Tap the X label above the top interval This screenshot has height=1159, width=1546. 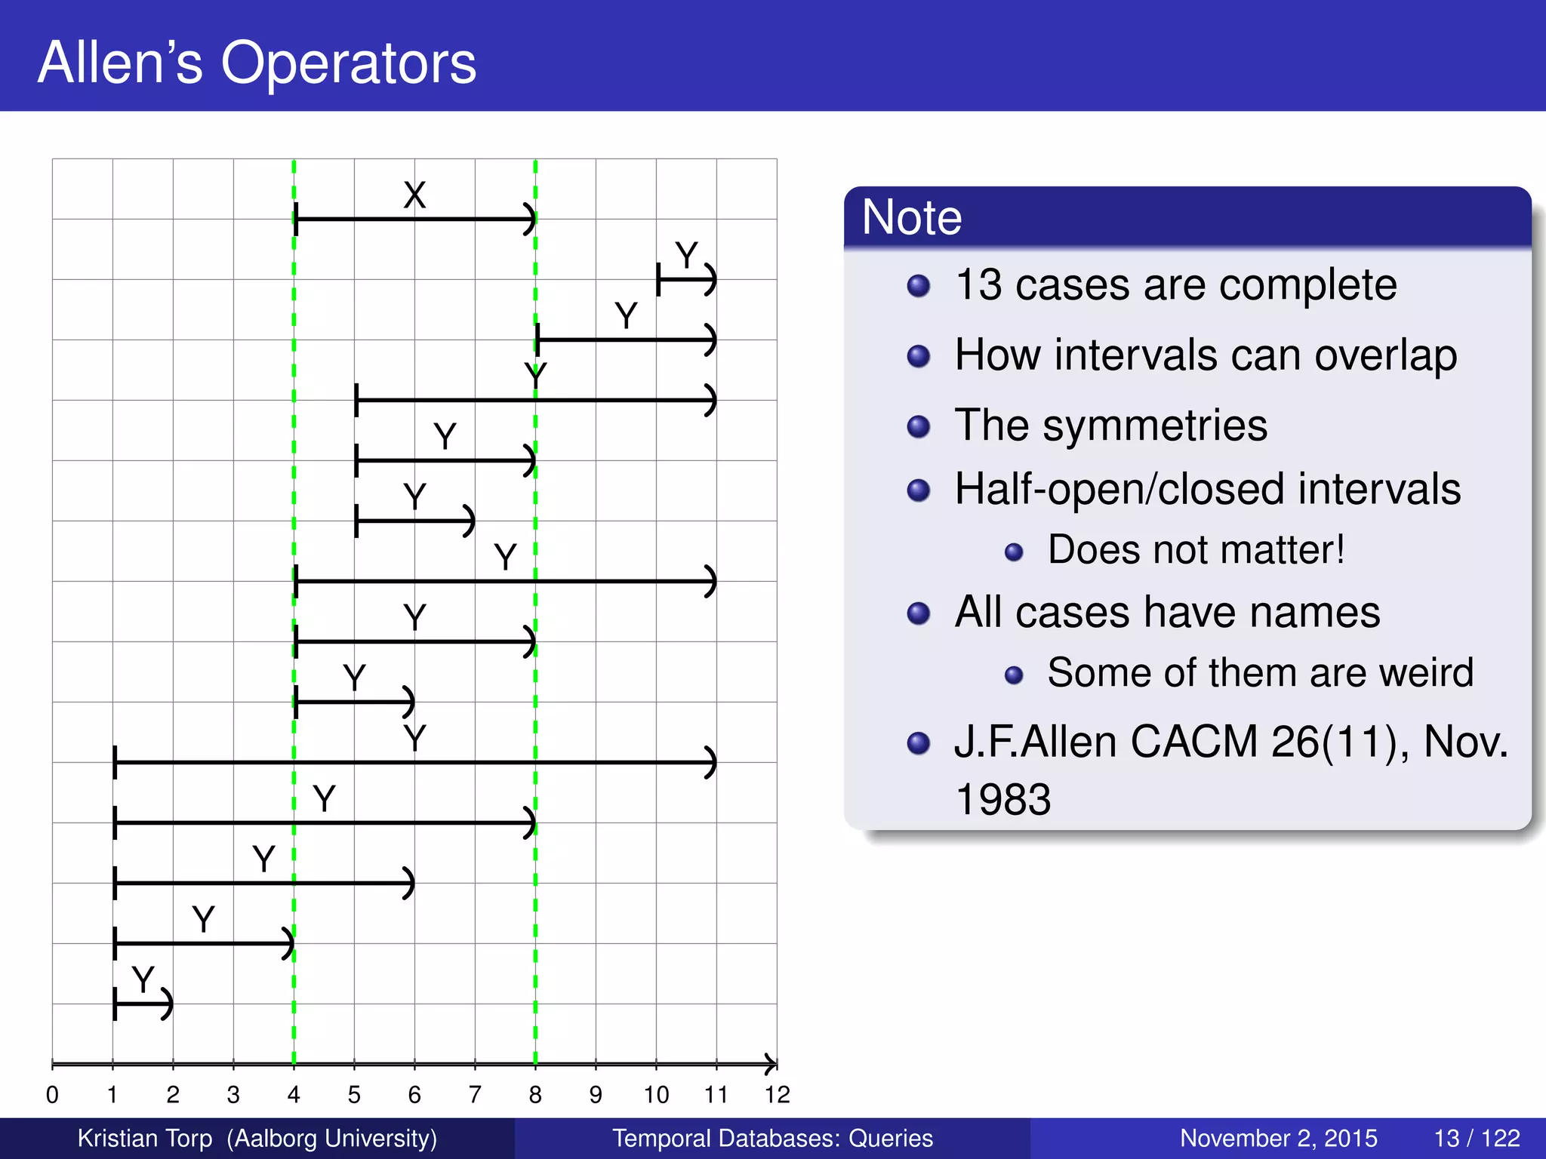click(414, 195)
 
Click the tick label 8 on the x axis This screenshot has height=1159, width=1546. click(535, 1095)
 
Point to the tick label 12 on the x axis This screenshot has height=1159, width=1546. click(777, 1095)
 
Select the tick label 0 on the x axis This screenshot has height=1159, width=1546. click(52, 1095)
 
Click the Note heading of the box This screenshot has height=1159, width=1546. click(911, 217)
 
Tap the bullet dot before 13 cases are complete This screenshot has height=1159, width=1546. click(918, 286)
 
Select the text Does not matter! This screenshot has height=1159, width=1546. click(1196, 549)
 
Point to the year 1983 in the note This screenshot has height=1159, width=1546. click(1002, 799)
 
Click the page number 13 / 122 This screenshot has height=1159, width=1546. click(1477, 1138)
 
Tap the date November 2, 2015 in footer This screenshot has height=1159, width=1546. click(1278, 1138)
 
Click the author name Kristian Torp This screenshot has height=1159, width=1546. click(145, 1138)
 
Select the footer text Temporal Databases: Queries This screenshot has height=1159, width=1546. click(772, 1138)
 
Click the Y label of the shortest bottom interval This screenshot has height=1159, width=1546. click(143, 979)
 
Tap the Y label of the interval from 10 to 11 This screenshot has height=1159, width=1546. click(686, 255)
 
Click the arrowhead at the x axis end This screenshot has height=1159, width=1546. click(770, 1064)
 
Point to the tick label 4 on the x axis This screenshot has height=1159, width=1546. click(294, 1095)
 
